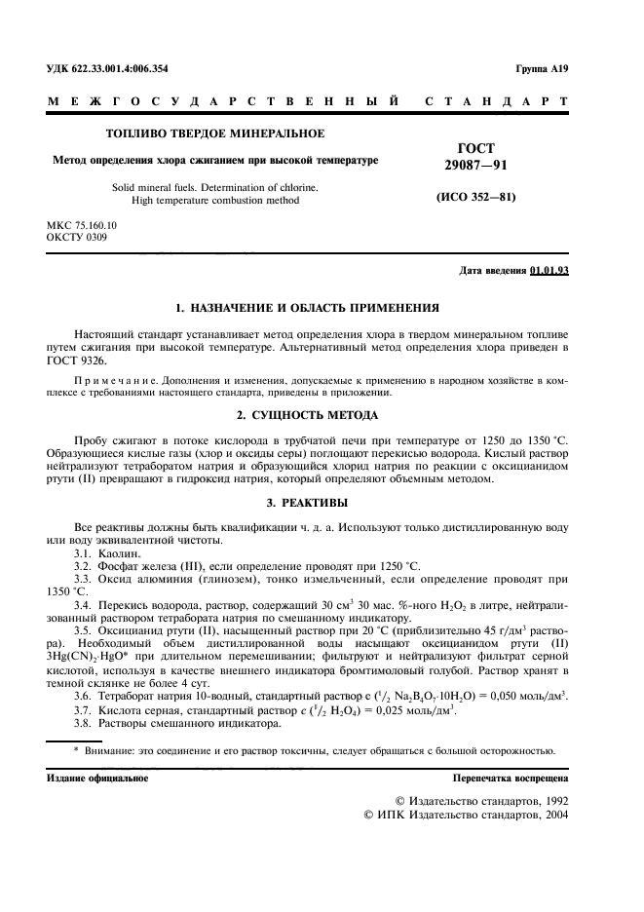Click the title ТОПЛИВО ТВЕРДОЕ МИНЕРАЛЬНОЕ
[214, 133]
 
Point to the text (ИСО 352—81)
[474, 197]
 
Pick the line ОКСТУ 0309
[74, 237]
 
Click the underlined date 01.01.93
[549, 270]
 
